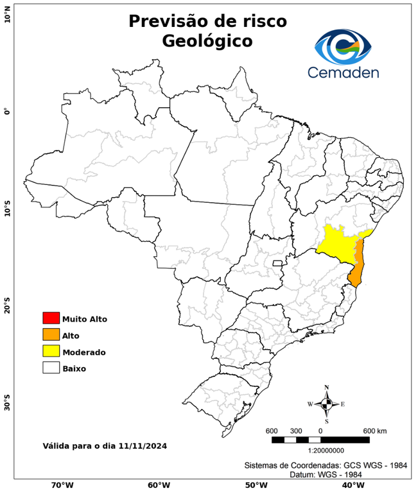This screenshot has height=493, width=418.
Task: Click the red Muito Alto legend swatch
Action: [51, 318]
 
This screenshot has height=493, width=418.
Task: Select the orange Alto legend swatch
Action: [51, 334]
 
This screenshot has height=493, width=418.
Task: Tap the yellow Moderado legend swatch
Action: [51, 351]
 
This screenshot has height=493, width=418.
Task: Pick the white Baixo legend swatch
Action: [51, 368]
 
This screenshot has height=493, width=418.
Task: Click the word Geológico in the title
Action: [207, 41]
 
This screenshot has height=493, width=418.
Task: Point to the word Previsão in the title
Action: [169, 21]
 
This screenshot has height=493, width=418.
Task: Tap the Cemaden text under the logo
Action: [343, 72]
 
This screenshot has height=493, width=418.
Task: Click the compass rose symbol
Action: [326, 404]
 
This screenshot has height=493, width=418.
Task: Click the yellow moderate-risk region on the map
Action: [337, 244]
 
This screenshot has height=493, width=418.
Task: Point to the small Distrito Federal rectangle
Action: [278, 263]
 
